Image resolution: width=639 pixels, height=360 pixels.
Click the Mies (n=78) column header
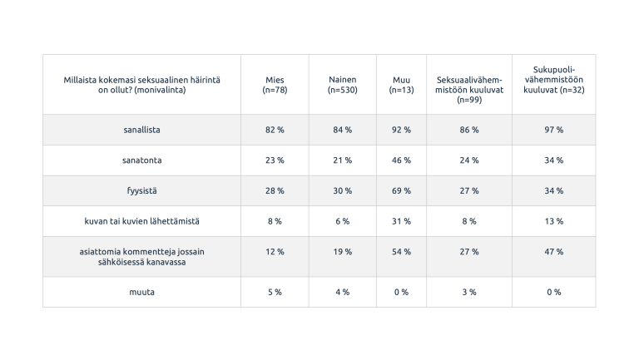(x=275, y=85)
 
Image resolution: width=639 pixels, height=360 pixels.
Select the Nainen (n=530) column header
(x=342, y=85)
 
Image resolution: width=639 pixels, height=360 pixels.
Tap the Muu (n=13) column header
(x=401, y=85)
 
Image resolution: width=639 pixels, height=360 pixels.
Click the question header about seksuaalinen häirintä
(x=141, y=85)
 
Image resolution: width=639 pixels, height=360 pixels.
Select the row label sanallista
(x=141, y=130)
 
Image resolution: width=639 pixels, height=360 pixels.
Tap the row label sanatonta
(x=141, y=160)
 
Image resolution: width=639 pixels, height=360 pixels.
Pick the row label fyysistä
(x=141, y=190)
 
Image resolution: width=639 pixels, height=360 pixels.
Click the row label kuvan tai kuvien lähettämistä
(x=141, y=221)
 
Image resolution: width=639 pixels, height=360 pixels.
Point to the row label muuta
(x=141, y=292)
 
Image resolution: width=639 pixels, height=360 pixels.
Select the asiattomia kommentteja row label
(x=141, y=256)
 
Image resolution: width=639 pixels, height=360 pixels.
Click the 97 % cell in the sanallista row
(x=553, y=130)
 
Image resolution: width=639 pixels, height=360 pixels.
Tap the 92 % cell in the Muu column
(x=401, y=130)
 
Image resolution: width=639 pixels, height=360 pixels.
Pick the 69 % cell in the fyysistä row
(x=401, y=190)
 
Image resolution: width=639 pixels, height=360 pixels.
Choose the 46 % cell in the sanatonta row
(x=401, y=160)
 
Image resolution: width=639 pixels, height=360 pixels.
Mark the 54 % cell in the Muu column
(x=401, y=252)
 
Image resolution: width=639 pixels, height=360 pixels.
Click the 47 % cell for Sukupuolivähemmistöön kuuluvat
(x=553, y=252)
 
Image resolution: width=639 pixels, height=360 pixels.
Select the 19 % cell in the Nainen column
(x=342, y=252)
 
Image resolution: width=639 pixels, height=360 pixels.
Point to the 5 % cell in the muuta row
(x=275, y=292)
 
